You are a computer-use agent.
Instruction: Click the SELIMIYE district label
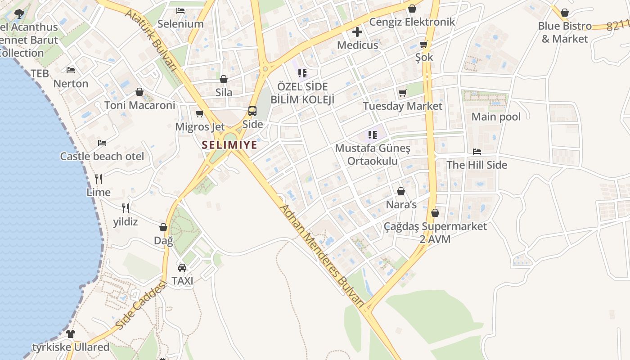click(x=229, y=145)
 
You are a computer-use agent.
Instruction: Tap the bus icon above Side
click(x=252, y=111)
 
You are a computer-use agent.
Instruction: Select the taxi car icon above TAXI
click(x=182, y=267)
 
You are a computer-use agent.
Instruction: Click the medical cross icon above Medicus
click(x=357, y=32)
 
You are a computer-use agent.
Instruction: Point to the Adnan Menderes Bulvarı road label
click(x=321, y=255)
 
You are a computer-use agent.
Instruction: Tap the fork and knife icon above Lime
click(x=99, y=179)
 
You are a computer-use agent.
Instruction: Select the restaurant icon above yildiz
click(x=126, y=208)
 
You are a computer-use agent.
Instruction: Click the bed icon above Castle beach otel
click(x=102, y=143)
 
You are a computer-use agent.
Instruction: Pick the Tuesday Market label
click(x=402, y=106)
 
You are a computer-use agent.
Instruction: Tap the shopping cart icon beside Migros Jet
click(x=200, y=113)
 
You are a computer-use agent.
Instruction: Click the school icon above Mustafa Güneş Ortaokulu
click(x=372, y=134)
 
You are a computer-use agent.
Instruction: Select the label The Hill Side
click(x=477, y=165)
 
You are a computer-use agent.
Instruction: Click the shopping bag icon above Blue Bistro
click(x=564, y=13)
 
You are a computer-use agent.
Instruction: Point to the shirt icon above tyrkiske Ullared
click(x=71, y=334)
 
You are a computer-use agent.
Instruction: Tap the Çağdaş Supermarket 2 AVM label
click(x=435, y=233)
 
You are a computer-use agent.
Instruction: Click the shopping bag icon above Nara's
click(x=401, y=191)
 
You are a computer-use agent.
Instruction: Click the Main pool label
click(x=496, y=117)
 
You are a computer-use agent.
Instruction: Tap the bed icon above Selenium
click(x=180, y=10)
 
